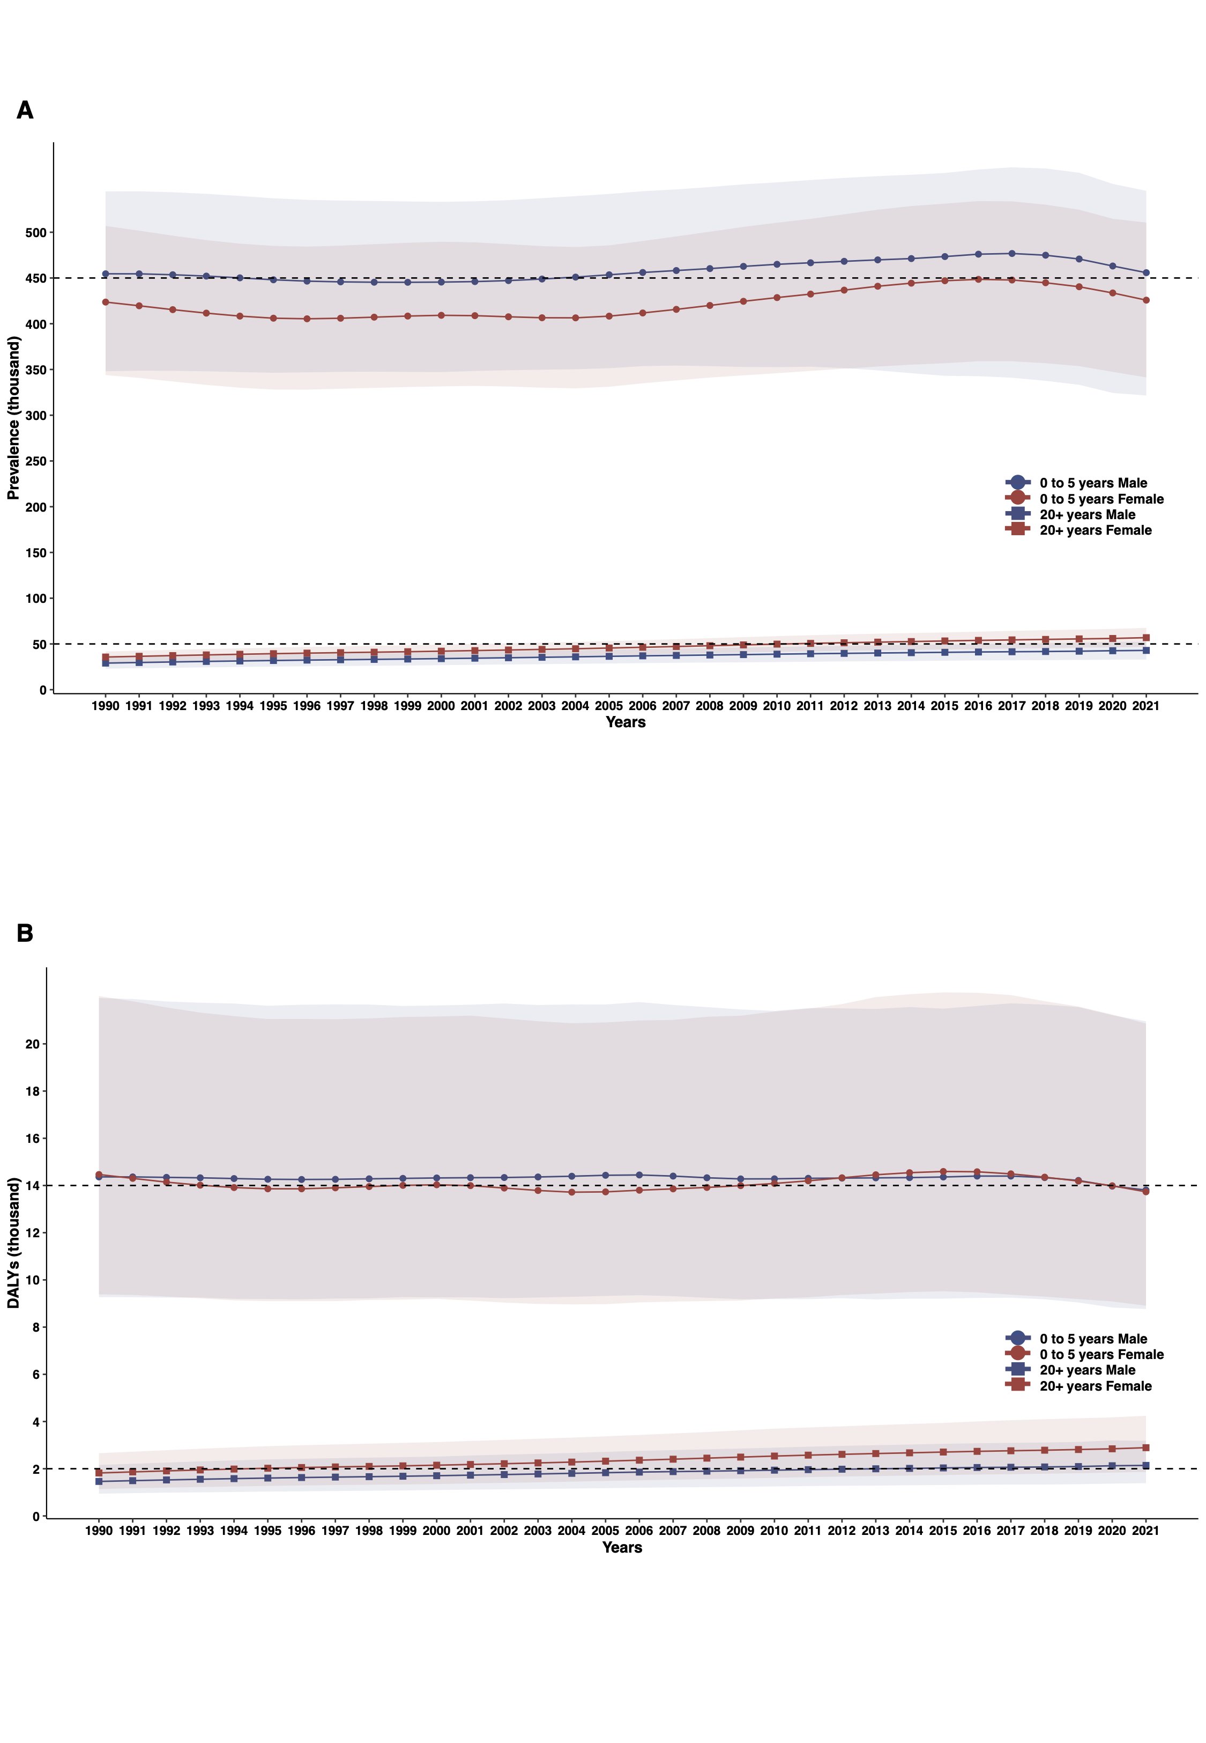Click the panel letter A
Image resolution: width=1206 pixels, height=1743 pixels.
tap(25, 110)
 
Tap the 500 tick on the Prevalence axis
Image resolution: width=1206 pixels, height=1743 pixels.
tap(35, 233)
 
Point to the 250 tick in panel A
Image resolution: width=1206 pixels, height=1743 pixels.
tap(35, 461)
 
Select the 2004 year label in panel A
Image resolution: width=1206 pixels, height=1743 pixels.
tap(575, 706)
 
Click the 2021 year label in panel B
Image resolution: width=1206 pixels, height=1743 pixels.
tap(1145, 1531)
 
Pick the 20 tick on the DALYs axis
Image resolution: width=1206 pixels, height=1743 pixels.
tap(33, 1044)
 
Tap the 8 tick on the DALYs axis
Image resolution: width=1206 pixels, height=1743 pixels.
tap(35, 1327)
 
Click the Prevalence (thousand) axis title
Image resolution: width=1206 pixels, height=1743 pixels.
tap(13, 418)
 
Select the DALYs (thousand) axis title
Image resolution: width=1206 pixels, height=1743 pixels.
tap(13, 1243)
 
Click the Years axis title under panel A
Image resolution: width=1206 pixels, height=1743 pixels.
tap(626, 722)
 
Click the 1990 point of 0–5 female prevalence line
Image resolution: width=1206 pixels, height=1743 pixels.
tap(106, 302)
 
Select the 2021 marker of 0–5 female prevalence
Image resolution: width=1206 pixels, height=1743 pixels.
tap(1145, 300)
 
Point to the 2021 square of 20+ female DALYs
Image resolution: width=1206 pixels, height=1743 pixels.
tap(1145, 1448)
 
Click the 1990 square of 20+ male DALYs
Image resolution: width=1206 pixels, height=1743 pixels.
tap(99, 1481)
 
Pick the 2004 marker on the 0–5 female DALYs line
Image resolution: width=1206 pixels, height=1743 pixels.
tap(571, 1192)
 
